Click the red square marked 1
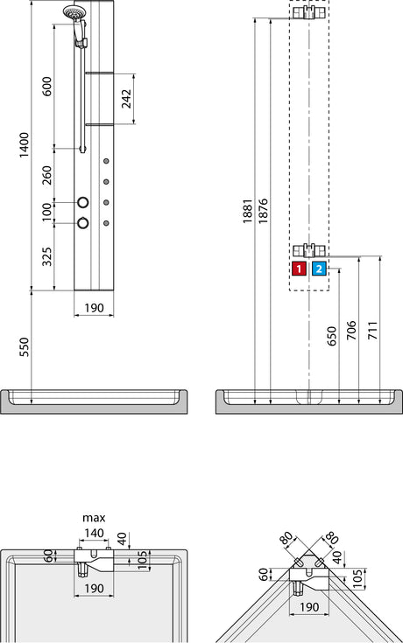point(299,269)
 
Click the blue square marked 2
point(319,269)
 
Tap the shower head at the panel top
point(73,12)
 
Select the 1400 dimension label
point(25,144)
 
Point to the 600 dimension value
point(47,86)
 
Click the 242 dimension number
point(126,99)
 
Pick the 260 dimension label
point(47,175)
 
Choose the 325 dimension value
point(47,256)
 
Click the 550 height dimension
point(25,347)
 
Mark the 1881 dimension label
point(247,211)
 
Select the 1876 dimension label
point(263,211)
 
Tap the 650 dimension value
point(332,336)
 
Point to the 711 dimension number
point(372,331)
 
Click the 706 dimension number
point(351,331)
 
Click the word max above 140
point(94,518)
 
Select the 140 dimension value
point(94,533)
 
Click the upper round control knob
point(82,202)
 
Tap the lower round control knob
point(82,223)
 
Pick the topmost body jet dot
point(106,161)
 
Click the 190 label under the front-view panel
point(94,308)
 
